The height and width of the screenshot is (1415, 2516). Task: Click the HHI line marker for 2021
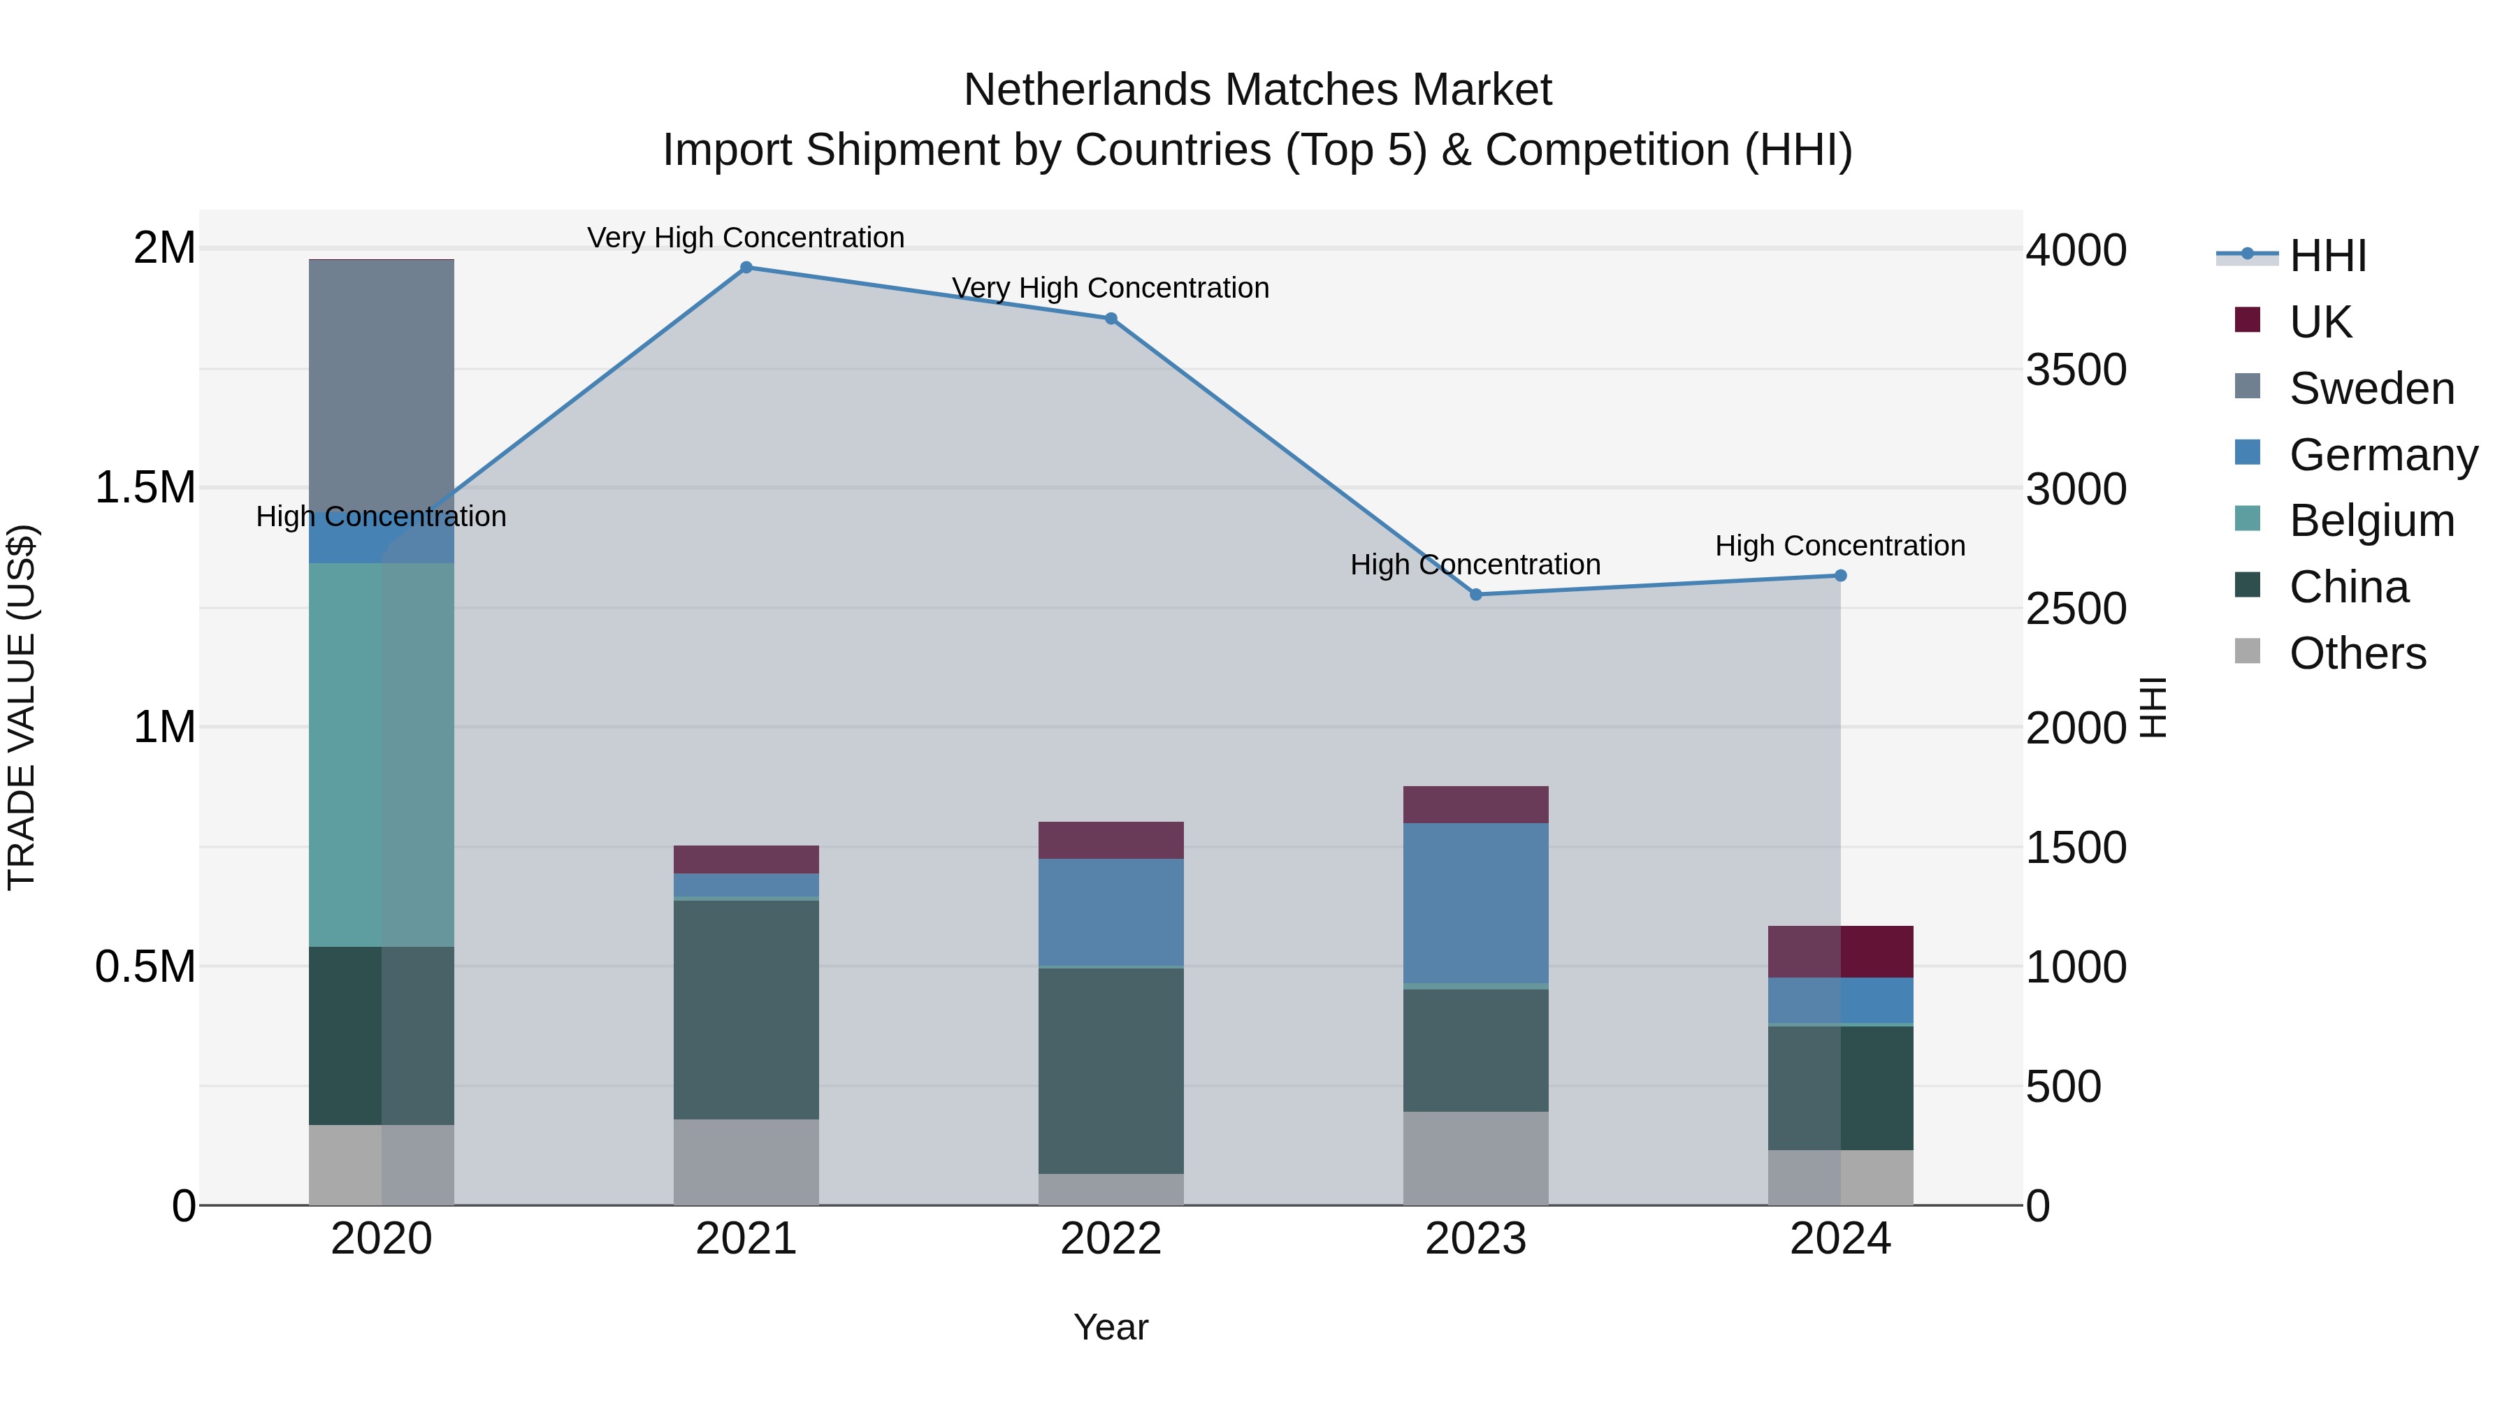(x=746, y=268)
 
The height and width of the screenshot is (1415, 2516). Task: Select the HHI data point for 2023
(x=1476, y=595)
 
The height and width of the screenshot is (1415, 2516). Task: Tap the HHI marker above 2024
(x=1840, y=576)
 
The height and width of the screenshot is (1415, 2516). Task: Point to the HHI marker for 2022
(x=1111, y=319)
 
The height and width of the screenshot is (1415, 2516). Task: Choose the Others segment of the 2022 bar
(x=1111, y=1189)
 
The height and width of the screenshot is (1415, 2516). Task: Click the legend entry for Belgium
(x=2371, y=521)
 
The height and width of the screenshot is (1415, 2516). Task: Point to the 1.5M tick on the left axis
(x=145, y=487)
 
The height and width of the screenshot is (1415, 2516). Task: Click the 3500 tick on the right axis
(x=2076, y=370)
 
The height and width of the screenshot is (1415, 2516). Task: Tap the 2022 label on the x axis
(x=1111, y=1238)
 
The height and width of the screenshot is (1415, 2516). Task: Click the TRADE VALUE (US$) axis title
(x=22, y=707)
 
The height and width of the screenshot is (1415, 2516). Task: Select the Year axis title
(x=1111, y=1327)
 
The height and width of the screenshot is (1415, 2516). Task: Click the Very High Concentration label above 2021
(x=746, y=238)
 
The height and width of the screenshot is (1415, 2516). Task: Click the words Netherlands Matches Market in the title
(x=1257, y=90)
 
